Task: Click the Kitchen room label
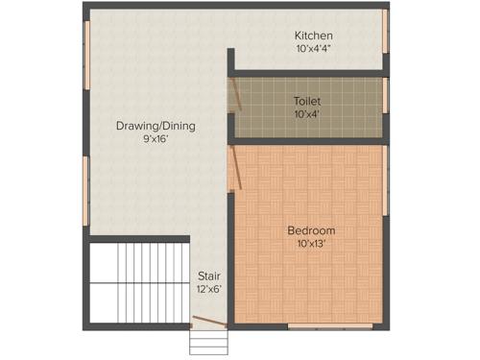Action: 314,36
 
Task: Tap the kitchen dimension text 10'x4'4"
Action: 314,48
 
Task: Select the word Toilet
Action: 307,100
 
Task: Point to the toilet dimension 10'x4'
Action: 307,113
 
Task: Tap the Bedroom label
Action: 311,230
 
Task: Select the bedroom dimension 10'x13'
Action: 311,244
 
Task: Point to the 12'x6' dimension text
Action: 209,289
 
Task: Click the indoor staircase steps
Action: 138,280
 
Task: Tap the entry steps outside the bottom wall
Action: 207,342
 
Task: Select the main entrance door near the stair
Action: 208,322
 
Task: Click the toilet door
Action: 234,96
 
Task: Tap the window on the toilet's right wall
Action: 385,96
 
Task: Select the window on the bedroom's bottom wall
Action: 330,326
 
